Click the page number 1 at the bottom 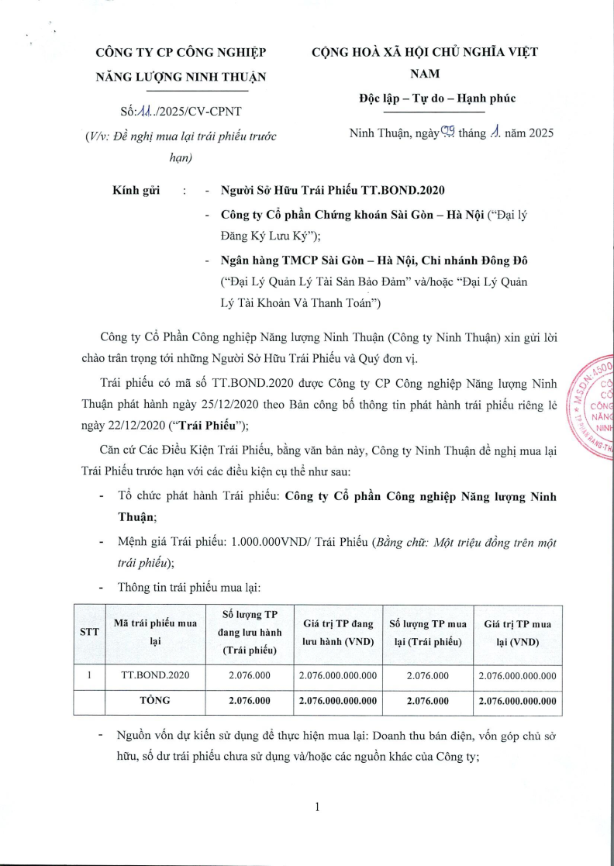318,806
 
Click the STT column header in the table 89,632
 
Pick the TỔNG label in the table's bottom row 155,700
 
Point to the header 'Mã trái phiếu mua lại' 155,632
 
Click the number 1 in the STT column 89,675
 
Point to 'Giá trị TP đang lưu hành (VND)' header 338,632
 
